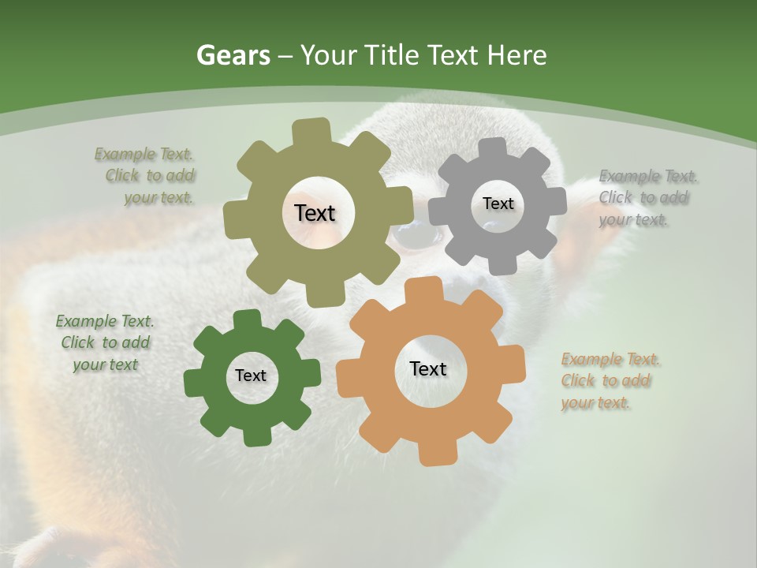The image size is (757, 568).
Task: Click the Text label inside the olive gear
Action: click(315, 213)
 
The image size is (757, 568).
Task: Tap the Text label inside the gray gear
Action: click(498, 204)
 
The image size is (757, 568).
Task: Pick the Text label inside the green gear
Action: click(251, 376)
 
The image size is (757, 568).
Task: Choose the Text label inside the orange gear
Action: click(428, 368)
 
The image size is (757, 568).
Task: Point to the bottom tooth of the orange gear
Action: click(432, 453)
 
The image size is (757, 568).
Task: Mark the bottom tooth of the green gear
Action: click(253, 435)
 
